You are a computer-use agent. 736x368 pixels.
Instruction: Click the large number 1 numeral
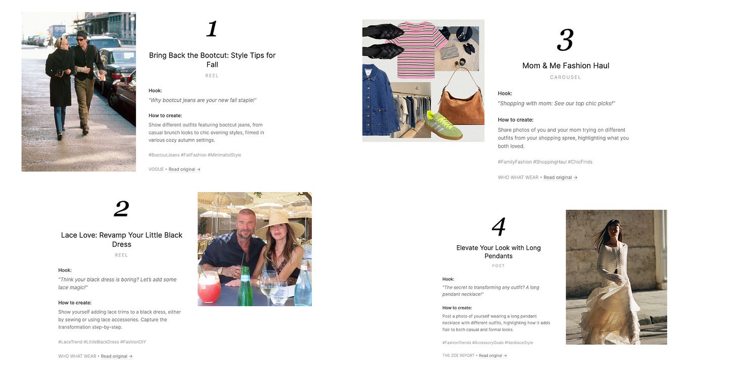(x=212, y=29)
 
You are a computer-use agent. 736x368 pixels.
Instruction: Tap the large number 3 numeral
(x=565, y=40)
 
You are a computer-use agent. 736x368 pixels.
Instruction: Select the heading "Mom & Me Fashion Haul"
(x=566, y=66)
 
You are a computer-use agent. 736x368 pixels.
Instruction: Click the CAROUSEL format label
(x=566, y=77)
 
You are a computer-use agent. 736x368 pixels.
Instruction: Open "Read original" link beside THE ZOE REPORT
(x=492, y=355)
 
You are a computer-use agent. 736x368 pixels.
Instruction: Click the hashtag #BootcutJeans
(x=164, y=155)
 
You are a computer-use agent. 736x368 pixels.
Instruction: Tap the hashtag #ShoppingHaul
(x=549, y=162)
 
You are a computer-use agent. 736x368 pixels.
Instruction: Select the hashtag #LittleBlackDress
(x=101, y=342)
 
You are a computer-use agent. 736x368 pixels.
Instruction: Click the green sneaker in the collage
(x=443, y=125)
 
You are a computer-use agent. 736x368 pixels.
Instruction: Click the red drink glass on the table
(x=209, y=286)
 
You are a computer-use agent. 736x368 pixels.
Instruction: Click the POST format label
(x=498, y=266)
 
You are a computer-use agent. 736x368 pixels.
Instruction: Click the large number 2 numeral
(x=121, y=209)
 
